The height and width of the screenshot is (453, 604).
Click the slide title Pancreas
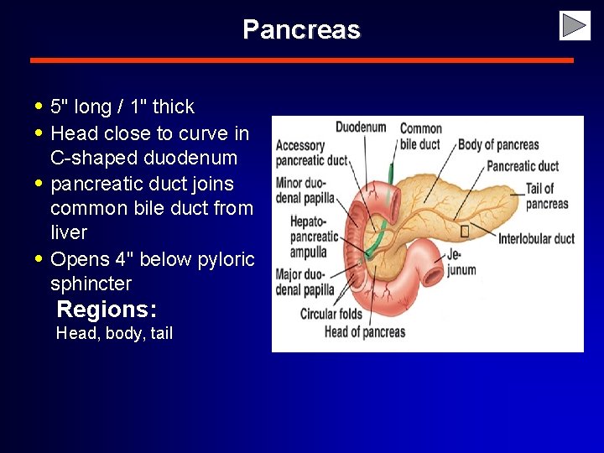point(301,30)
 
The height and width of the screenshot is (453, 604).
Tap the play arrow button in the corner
point(575,26)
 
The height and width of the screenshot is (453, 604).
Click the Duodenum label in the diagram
point(361,128)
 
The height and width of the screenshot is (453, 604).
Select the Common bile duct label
point(420,136)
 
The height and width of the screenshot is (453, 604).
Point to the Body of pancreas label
point(498,145)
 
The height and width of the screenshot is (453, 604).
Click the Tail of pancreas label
point(546,196)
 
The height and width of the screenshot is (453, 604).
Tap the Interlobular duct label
point(536,238)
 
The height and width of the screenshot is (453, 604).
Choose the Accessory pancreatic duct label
point(311,153)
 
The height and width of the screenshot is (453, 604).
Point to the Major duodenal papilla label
point(305,283)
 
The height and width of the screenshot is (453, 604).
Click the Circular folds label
point(331,315)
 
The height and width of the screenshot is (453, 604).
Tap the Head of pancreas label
point(365,331)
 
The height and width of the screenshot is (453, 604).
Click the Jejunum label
point(461,261)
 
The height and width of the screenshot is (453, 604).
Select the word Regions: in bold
point(107,309)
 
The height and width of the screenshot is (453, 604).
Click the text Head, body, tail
point(114,333)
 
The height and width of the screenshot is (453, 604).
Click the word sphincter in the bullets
point(91,284)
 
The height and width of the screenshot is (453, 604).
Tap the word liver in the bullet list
point(69,232)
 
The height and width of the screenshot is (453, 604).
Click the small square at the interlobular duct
point(465,229)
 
